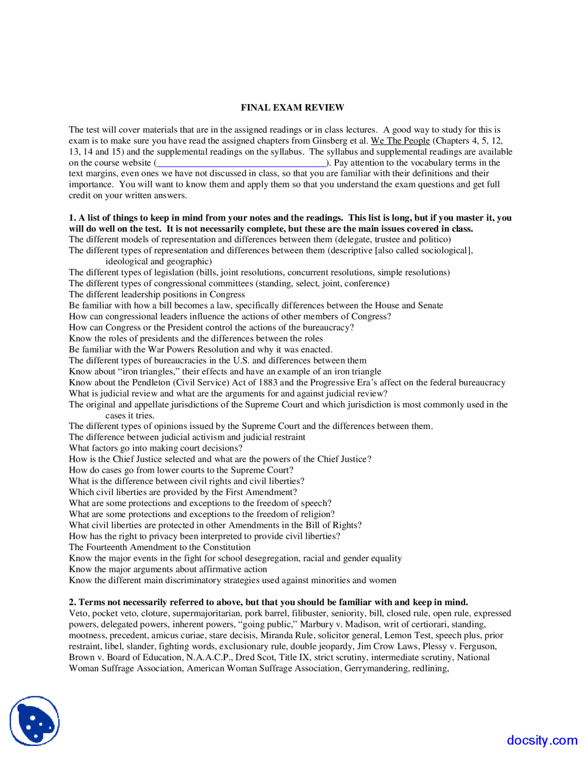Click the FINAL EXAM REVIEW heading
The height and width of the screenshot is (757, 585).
pyautogui.click(x=292, y=107)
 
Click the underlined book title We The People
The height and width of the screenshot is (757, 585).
pyautogui.click(x=400, y=141)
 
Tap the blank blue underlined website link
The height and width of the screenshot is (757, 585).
pyautogui.click(x=241, y=163)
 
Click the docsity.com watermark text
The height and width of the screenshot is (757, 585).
pyautogui.click(x=542, y=740)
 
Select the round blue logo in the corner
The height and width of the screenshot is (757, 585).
pyautogui.click(x=35, y=721)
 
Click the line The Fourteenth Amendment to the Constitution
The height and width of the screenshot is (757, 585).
pyautogui.click(x=160, y=547)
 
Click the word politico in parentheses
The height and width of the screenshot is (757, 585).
pyautogui.click(x=435, y=240)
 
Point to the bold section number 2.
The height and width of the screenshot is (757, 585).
pyautogui.click(x=72, y=602)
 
